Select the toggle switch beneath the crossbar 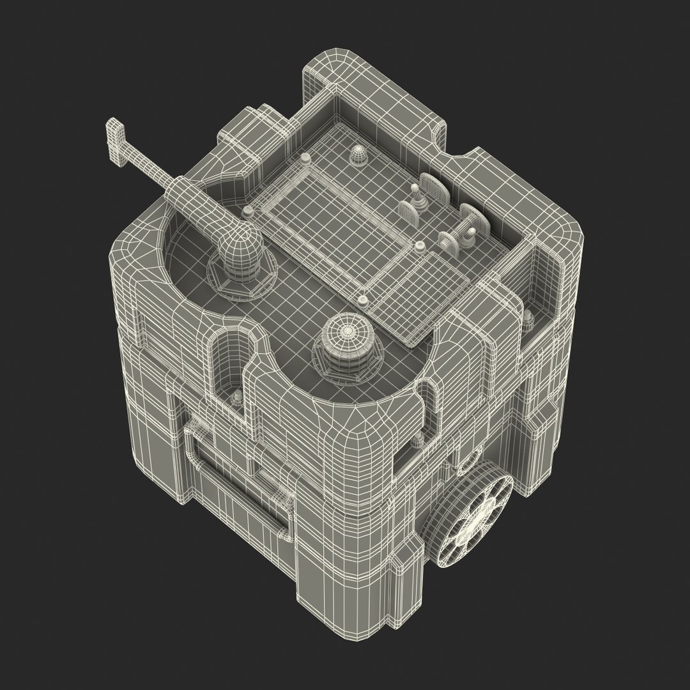pyautogui.click(x=466, y=236)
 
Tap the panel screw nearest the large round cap pyautogui.click(x=362, y=298)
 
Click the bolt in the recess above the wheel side pyautogui.click(x=529, y=318)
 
